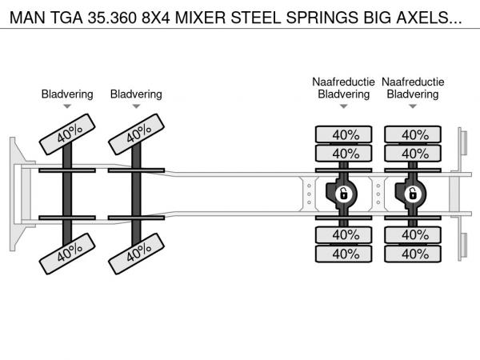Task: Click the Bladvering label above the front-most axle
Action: pos(67,94)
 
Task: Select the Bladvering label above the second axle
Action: pos(136,94)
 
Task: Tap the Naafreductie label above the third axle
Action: pos(344,82)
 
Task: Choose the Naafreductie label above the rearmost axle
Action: pos(413,82)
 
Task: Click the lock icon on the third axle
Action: pos(343,194)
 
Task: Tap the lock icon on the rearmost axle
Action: pos(413,194)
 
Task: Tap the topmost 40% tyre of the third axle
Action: pos(345,134)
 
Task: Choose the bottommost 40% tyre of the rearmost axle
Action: pos(414,254)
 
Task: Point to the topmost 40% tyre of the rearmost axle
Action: pos(414,134)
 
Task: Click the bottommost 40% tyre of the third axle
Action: pos(345,254)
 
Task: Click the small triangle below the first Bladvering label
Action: pos(67,106)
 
